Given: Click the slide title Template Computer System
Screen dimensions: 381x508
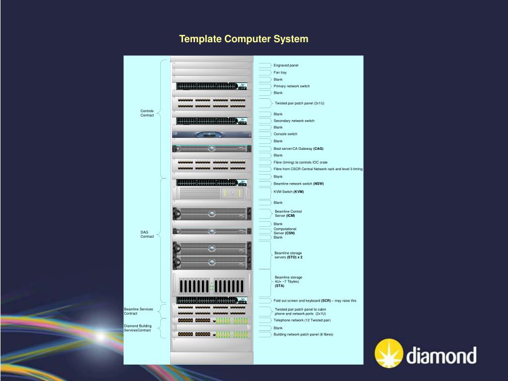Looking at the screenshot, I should tap(244, 39).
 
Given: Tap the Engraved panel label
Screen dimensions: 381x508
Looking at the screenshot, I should tap(286, 65).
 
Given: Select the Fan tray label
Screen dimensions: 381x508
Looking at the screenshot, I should tap(280, 72).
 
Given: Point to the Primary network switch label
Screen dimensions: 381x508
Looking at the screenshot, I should tap(291, 86).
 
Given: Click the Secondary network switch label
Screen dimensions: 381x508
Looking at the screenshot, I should tap(294, 121).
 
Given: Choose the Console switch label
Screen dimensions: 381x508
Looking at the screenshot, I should tap(285, 134).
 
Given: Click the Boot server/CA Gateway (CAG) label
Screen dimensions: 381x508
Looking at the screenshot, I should tap(298, 148).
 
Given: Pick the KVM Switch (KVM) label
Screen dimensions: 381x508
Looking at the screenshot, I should tap(288, 191).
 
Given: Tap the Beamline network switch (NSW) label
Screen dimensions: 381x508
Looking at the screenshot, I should tap(298, 184).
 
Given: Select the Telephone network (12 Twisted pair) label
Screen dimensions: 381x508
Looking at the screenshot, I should tap(302, 320).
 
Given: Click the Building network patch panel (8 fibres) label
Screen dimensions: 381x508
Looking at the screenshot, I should tap(303, 334).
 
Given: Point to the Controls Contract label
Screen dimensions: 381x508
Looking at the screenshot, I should tap(147, 113).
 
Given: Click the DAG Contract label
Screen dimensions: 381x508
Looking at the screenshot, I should tap(147, 234).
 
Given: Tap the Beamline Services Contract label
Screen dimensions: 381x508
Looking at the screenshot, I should tap(138, 312).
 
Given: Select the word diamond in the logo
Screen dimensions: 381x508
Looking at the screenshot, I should tap(442, 356).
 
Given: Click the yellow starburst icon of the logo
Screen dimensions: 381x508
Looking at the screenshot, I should tap(389, 353).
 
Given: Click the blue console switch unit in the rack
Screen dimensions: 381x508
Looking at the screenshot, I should tap(212, 134).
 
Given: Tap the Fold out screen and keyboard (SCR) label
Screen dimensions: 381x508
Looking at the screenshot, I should tap(315, 301).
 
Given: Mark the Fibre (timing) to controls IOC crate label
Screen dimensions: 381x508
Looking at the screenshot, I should tap(300, 162).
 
